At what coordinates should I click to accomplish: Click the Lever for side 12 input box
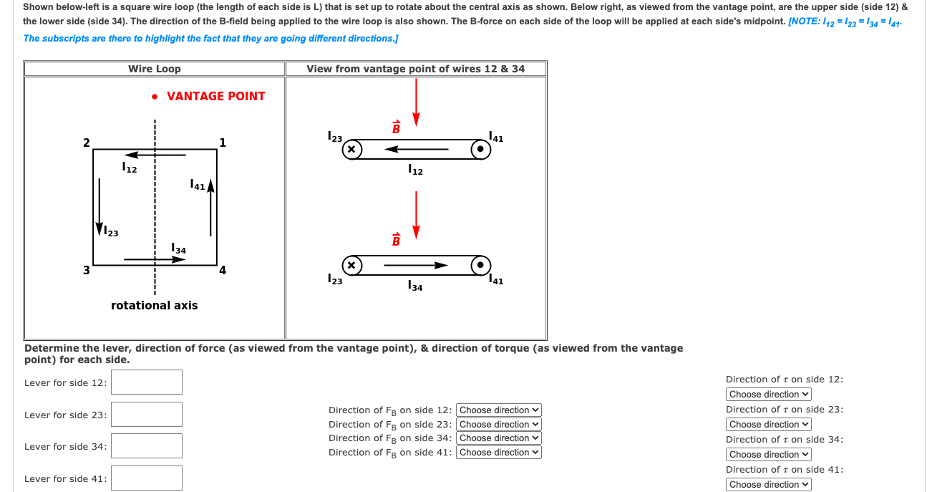click(146, 382)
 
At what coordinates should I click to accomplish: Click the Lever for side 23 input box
click(146, 414)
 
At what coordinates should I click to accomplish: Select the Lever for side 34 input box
click(146, 445)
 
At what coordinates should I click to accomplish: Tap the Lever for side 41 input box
click(146, 478)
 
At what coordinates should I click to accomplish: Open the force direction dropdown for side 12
click(498, 410)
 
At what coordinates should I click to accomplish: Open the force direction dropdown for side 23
click(498, 424)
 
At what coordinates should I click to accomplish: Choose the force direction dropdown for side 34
click(498, 438)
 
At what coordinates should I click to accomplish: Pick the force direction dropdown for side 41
click(498, 452)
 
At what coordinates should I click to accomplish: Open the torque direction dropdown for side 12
click(769, 395)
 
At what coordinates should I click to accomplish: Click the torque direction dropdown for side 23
click(769, 425)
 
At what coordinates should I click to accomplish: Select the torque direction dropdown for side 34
click(769, 455)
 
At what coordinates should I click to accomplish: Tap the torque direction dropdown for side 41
click(769, 485)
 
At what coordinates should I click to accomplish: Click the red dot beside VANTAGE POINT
click(155, 96)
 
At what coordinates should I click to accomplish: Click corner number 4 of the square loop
click(223, 271)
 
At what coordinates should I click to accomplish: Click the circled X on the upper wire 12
click(351, 150)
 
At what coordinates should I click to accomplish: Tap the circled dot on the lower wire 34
click(481, 265)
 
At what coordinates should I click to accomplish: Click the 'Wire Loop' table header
click(155, 69)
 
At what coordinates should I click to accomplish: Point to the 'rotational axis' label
click(155, 305)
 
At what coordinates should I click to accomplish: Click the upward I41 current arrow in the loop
click(210, 208)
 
